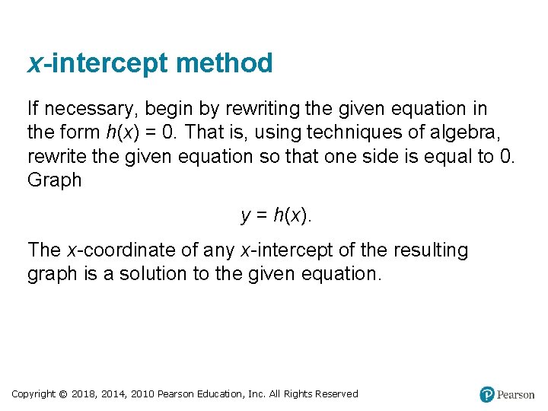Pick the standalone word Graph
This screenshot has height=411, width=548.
[54, 180]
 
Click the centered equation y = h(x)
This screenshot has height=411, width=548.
[276, 215]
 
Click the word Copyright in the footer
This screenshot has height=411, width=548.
[33, 394]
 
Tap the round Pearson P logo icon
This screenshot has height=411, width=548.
[487, 394]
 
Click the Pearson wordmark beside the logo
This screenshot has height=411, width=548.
[516, 395]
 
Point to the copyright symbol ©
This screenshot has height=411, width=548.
[64, 394]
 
